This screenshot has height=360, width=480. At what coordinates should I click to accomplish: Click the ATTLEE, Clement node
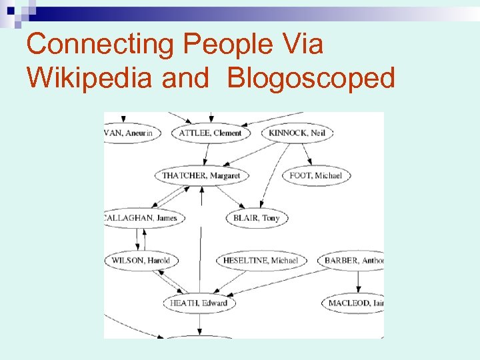210,133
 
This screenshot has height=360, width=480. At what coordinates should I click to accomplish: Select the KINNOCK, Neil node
297,133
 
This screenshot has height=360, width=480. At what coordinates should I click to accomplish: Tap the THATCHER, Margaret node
201,175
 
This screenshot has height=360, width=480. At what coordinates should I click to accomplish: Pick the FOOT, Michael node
315,175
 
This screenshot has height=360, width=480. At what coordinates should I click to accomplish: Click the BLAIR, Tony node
257,218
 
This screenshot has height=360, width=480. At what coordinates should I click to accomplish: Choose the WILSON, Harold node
141,260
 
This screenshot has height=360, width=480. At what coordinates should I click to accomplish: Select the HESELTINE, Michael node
261,260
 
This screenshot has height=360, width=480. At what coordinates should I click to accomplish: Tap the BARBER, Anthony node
353,260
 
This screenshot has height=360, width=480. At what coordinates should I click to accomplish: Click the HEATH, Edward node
199,303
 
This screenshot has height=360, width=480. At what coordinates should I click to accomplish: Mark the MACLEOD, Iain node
355,303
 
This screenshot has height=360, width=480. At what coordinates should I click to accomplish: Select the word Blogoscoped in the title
311,78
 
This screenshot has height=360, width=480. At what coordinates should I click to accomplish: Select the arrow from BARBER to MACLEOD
359,281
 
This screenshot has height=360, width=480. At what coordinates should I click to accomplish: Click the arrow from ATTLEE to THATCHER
207,154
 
